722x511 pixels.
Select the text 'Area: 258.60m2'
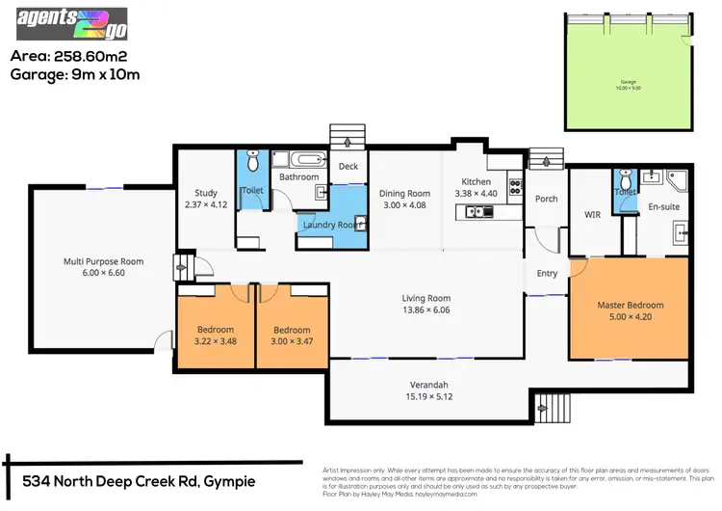(x=72, y=56)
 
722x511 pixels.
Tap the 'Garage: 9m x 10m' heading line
(x=75, y=74)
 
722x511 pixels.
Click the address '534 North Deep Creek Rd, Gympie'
(x=139, y=480)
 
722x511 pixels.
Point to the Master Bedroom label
(x=630, y=306)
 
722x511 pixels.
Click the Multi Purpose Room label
(x=103, y=261)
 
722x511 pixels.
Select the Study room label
(x=206, y=193)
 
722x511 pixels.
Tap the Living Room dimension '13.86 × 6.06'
(x=426, y=310)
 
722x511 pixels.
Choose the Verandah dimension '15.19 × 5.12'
(x=429, y=396)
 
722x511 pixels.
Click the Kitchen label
(x=476, y=181)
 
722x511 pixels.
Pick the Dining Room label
(x=404, y=193)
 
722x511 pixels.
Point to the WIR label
(x=593, y=214)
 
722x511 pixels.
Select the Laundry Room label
(x=330, y=225)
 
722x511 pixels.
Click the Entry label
(x=547, y=274)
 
